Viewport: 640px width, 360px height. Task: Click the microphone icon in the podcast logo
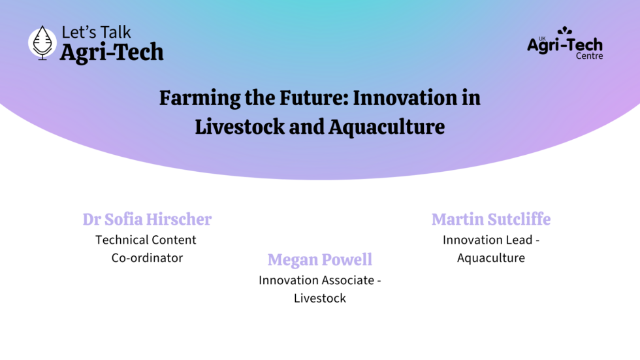(42, 43)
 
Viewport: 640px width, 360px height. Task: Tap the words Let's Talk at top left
(96, 32)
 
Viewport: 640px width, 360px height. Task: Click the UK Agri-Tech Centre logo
(565, 43)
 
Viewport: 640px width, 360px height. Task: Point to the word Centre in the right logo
(589, 56)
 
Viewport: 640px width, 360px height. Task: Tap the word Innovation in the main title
(406, 98)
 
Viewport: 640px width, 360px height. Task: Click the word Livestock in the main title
(240, 127)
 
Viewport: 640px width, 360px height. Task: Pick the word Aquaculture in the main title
(387, 127)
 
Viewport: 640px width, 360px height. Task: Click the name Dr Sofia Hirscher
(147, 219)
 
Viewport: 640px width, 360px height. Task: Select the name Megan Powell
(319, 260)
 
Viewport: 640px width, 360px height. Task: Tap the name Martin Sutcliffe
(491, 219)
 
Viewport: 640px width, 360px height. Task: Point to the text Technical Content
(146, 240)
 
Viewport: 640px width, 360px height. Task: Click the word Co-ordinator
(147, 258)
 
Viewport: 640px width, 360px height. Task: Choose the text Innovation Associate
(316, 280)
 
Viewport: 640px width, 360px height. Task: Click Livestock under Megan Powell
(319, 299)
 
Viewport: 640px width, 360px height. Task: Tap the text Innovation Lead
(487, 240)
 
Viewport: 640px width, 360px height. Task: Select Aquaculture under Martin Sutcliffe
(491, 258)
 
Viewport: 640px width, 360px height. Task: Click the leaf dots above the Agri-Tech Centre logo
(565, 31)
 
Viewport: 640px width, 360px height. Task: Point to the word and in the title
(306, 127)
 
